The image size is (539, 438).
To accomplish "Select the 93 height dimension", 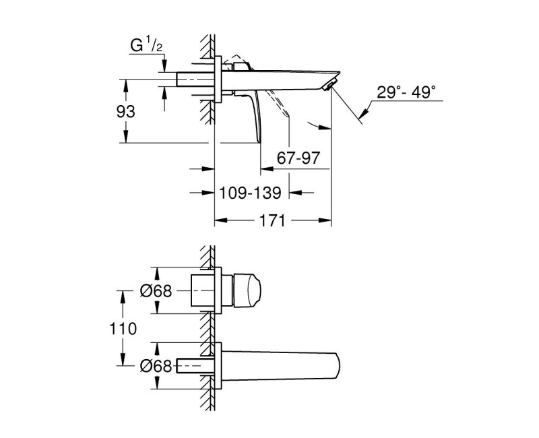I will tap(126, 111).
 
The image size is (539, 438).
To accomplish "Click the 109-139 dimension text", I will tap(251, 193).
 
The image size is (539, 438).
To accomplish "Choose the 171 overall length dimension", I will tap(273, 220).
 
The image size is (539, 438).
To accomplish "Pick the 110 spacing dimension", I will tap(125, 328).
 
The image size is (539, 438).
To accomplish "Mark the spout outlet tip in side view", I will tap(329, 85).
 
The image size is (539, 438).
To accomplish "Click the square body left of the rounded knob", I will tap(203, 291).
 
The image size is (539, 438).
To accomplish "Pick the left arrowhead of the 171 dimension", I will tap(218, 220).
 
